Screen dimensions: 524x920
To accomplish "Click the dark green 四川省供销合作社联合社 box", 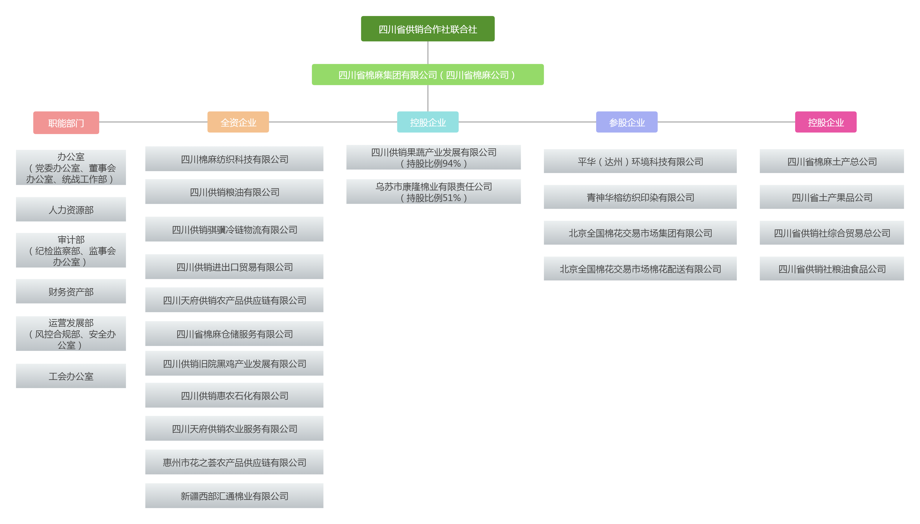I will click(427, 29).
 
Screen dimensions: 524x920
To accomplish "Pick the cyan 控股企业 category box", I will click(427, 122).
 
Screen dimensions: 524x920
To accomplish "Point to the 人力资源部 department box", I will click(71, 209).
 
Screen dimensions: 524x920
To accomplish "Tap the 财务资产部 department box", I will click(71, 292).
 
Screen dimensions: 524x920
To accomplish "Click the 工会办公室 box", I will click(71, 376).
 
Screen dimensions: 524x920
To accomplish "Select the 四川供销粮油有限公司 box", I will click(234, 192).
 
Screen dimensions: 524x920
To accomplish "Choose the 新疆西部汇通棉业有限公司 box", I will click(234, 496).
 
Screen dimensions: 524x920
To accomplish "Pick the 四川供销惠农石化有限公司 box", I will click(234, 396).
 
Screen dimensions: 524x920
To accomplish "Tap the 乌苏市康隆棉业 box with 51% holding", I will click(433, 192).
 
